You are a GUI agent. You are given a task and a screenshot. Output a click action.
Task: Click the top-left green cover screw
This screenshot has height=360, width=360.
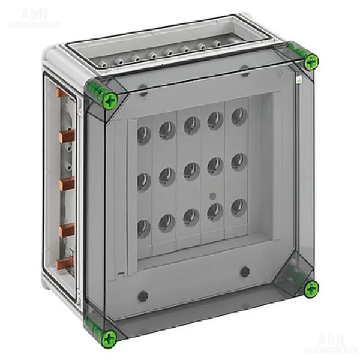(x=110, y=100)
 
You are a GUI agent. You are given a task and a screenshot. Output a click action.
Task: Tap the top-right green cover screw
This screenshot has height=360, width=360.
(x=311, y=61)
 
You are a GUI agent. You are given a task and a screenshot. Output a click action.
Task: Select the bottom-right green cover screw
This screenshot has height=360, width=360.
(x=311, y=288)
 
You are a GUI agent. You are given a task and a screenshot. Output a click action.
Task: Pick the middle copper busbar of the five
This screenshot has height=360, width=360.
(x=67, y=184)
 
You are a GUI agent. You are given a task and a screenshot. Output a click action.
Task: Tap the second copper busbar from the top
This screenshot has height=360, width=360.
(x=67, y=136)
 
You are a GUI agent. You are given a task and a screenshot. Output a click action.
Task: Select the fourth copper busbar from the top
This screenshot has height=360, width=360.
(x=67, y=230)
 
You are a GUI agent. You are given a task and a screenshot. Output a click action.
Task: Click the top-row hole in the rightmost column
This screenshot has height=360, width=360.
(x=239, y=117)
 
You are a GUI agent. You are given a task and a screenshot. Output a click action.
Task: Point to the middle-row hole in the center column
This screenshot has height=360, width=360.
(x=191, y=171)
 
